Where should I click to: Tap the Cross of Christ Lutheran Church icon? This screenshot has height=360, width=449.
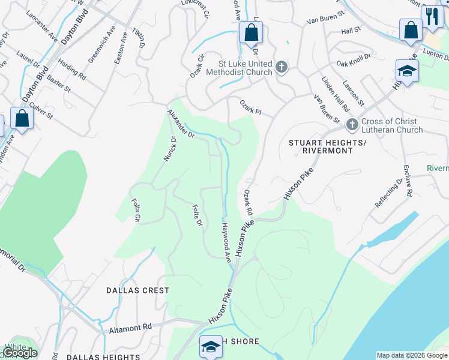coord(352,125)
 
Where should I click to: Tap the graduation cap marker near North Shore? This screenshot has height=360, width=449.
coord(211,347)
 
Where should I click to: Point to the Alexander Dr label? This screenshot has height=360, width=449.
coord(181,124)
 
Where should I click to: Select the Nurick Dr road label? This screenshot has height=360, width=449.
coord(170,148)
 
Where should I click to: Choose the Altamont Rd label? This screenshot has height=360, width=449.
coord(129,329)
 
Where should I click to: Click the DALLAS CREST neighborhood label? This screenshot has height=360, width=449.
coord(137,290)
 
